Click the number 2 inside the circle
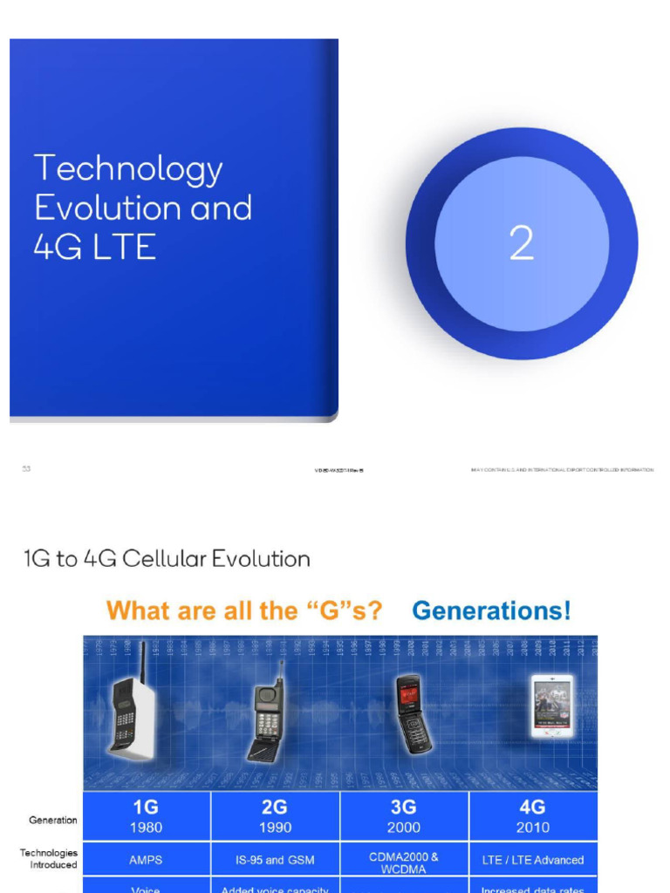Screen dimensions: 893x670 click(521, 244)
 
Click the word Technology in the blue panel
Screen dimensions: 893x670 click(128, 169)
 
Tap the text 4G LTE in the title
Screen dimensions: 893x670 click(95, 247)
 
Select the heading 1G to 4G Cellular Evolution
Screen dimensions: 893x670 click(167, 558)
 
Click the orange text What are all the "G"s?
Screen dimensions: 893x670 click(244, 610)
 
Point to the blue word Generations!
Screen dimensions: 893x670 click(492, 610)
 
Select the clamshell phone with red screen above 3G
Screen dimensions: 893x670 click(412, 713)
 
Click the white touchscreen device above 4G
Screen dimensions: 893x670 click(551, 706)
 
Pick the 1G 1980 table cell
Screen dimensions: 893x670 click(146, 816)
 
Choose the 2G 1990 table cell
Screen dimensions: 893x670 click(275, 816)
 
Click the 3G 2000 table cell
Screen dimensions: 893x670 click(404, 816)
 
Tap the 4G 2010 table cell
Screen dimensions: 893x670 click(533, 816)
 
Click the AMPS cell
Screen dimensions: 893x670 click(146, 859)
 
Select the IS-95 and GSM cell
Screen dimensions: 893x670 click(275, 859)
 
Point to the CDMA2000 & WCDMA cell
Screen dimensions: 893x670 click(404, 862)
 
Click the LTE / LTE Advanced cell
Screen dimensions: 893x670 click(533, 859)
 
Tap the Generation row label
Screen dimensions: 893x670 click(53, 820)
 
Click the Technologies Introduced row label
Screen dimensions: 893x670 click(49, 859)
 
